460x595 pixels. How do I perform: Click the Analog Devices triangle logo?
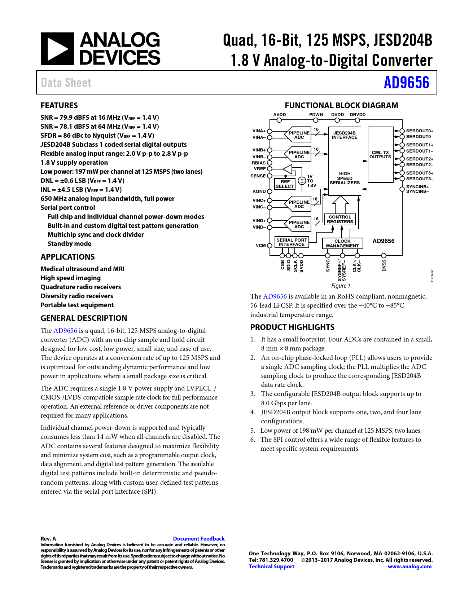[x=57, y=49]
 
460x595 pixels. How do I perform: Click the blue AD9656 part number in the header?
[x=406, y=83]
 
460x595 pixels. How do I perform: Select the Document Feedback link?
[x=199, y=538]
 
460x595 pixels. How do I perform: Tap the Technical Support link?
[x=271, y=567]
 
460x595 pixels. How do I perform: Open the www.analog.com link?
[x=409, y=567]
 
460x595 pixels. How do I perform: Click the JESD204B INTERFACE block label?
[x=345, y=135]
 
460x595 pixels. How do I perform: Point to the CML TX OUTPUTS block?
[x=380, y=155]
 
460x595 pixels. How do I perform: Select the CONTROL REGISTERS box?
[x=340, y=219]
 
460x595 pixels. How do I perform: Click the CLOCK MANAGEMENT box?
[x=342, y=243]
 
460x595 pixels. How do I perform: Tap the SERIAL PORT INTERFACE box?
[x=292, y=242]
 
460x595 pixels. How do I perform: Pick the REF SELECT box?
[x=285, y=184]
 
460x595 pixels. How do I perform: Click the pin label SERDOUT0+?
[x=420, y=131]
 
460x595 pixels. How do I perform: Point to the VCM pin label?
[x=260, y=246]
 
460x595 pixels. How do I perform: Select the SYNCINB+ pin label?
[x=417, y=187]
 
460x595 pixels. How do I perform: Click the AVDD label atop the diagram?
[x=279, y=115]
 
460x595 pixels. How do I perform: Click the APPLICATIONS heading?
[x=67, y=257]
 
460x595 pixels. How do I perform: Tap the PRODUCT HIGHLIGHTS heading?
[x=292, y=327]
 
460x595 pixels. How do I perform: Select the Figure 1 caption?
[x=341, y=286]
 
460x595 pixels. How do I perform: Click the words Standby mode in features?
[x=69, y=244]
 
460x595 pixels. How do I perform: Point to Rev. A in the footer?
[x=48, y=538]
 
